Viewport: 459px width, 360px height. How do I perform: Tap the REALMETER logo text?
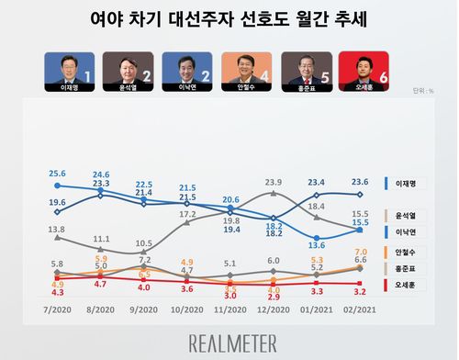(229, 342)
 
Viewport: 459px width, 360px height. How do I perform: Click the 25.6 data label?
(58, 174)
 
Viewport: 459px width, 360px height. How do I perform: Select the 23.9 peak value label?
(274, 183)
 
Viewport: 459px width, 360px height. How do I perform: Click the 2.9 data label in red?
(273, 298)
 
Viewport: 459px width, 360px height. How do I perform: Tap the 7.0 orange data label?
(361, 252)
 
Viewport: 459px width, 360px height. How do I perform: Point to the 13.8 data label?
(56, 229)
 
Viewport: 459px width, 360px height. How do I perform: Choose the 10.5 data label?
(143, 243)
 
